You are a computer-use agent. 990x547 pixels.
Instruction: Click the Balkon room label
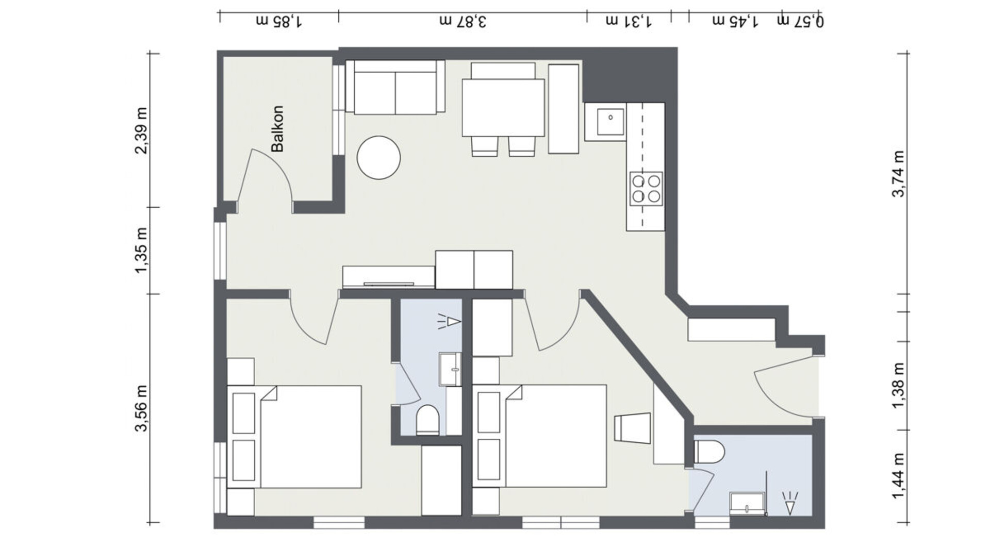tap(277, 129)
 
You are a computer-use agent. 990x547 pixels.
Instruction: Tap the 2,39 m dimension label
tap(141, 130)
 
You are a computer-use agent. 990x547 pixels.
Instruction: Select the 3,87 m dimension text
tap(463, 21)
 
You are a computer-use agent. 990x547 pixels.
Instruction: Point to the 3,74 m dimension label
tap(898, 174)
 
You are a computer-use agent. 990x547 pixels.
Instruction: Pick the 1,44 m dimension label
tap(898, 476)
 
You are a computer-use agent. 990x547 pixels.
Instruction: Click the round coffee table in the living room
tap(379, 158)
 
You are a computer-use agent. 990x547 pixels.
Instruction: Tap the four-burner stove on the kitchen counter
tap(646, 189)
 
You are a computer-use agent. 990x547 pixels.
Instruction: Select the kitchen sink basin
tap(610, 121)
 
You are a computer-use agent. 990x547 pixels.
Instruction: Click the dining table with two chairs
tap(503, 109)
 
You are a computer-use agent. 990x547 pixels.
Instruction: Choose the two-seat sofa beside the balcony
tap(395, 87)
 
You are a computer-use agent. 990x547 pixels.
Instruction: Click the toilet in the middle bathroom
tap(427, 420)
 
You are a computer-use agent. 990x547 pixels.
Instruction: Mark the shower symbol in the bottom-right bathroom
tap(789, 503)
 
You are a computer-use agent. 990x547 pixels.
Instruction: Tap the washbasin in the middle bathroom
tap(450, 369)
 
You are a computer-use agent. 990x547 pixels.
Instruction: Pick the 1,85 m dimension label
tap(279, 21)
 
